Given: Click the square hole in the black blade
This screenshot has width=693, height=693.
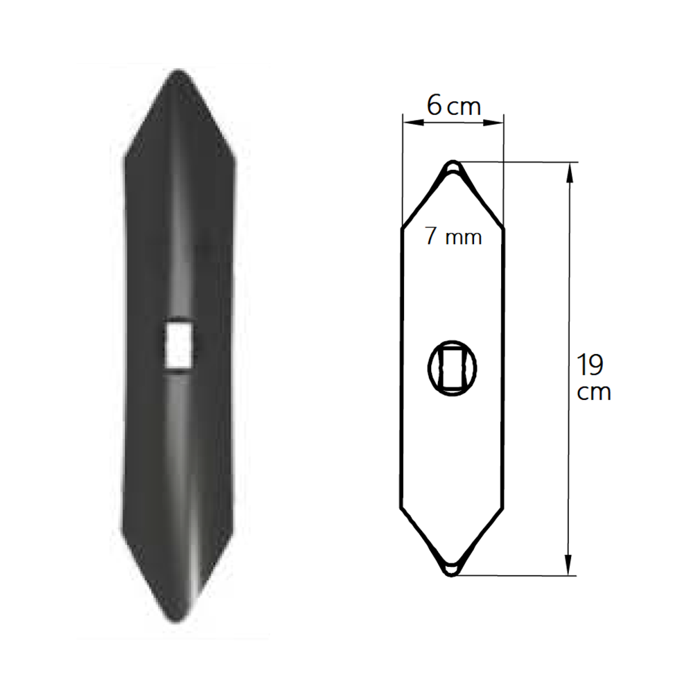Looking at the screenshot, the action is [x=179, y=345].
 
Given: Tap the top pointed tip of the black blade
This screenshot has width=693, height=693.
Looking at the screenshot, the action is [x=177, y=71].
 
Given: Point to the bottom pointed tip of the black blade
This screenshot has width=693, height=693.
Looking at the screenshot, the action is [x=177, y=622].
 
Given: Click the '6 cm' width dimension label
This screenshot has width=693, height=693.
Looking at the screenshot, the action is [x=453, y=106].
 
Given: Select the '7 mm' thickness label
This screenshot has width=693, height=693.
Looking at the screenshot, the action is [x=453, y=236].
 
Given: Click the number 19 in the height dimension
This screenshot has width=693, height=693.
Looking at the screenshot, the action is [x=590, y=365].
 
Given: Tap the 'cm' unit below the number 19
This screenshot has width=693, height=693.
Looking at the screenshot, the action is [x=594, y=392].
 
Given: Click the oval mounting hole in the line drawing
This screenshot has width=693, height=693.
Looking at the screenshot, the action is [x=453, y=368].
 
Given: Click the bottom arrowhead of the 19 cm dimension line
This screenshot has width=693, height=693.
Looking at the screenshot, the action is [x=569, y=565].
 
